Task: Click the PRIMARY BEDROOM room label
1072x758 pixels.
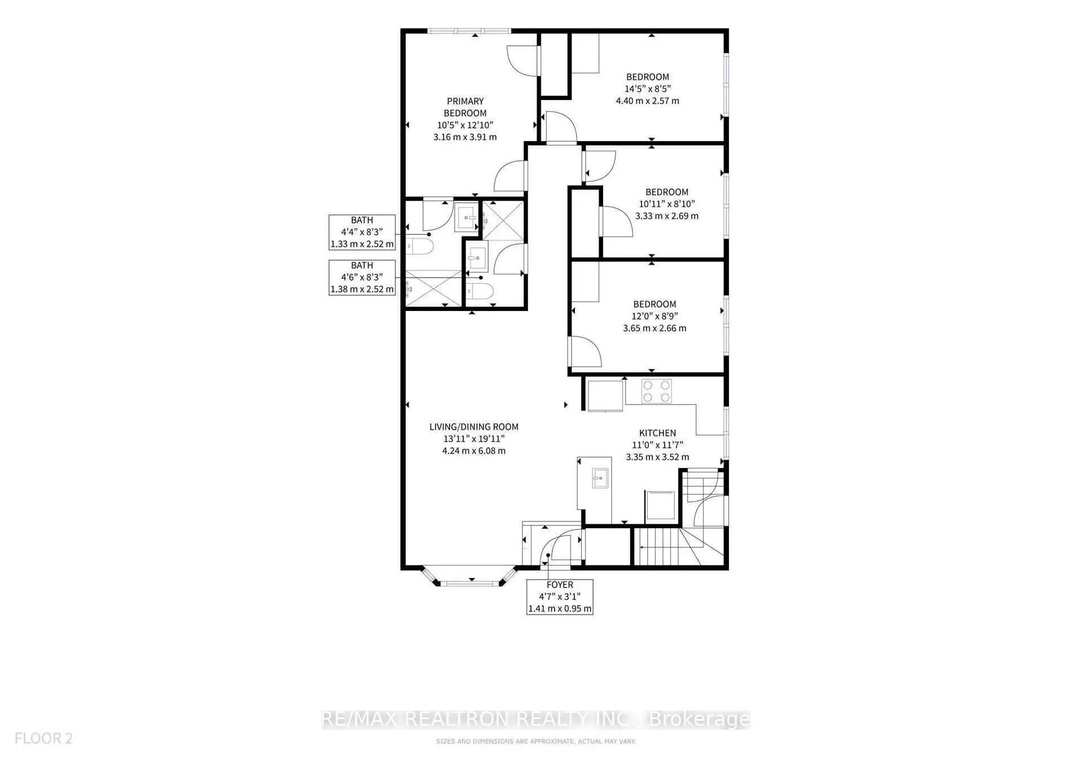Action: (x=465, y=107)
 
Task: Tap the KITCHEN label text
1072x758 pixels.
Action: (x=657, y=433)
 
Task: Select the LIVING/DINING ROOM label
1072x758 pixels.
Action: (x=473, y=427)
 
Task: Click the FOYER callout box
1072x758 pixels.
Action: (x=560, y=597)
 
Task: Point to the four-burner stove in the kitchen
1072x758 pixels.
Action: (x=657, y=391)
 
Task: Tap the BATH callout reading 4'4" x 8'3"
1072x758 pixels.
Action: (x=362, y=232)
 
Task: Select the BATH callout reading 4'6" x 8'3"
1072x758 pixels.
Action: (x=362, y=277)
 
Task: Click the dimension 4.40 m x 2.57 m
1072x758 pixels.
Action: (x=647, y=100)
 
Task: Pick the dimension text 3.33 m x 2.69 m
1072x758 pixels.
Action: (x=666, y=216)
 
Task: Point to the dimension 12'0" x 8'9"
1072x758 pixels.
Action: (x=654, y=316)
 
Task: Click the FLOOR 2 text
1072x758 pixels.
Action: (x=43, y=738)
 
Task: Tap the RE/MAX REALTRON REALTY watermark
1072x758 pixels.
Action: (x=535, y=719)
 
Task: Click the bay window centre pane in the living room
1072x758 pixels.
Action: (x=471, y=582)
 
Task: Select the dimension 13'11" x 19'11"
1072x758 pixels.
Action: (x=473, y=439)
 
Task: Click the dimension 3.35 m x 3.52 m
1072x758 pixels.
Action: (x=657, y=457)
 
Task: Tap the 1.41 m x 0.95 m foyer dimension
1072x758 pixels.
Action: (x=560, y=608)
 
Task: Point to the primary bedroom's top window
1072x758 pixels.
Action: (x=469, y=31)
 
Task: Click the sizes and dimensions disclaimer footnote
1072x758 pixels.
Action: (x=535, y=741)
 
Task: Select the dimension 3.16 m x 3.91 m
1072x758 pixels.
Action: (x=465, y=137)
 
